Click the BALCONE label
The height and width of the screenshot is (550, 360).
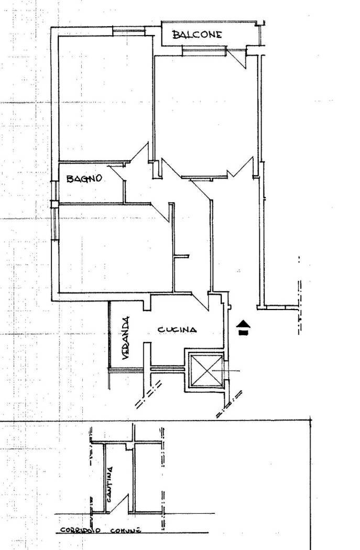pyautogui.click(x=197, y=35)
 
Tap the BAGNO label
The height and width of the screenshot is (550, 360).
pyautogui.click(x=84, y=179)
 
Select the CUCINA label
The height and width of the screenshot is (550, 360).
pyautogui.click(x=177, y=329)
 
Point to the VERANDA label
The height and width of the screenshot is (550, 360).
pyautogui.click(x=126, y=338)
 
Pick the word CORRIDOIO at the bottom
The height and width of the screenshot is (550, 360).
pyautogui.click(x=81, y=530)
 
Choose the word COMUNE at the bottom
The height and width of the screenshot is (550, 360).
pyautogui.click(x=126, y=530)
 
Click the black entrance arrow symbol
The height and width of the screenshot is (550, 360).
pyautogui.click(x=244, y=327)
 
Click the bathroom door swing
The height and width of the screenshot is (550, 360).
pyautogui.click(x=117, y=173)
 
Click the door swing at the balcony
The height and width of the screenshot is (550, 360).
pyautogui.click(x=237, y=58)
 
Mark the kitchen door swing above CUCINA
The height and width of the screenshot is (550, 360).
pyautogui.click(x=201, y=301)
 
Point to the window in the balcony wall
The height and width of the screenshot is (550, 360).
pyautogui.click(x=204, y=51)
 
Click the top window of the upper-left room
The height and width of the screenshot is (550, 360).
pyautogui.click(x=128, y=31)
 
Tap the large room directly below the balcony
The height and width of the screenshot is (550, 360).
pyautogui.click(x=206, y=112)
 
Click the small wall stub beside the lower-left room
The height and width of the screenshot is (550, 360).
pyautogui.click(x=181, y=257)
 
